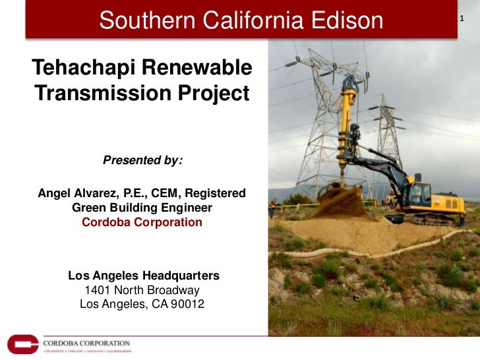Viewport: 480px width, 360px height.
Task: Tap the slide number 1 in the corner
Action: [x=462, y=17]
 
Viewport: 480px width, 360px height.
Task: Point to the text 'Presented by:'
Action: [x=142, y=160]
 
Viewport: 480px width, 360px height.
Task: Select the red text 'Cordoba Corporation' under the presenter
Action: [x=142, y=222]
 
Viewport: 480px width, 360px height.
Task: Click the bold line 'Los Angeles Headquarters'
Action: [x=144, y=275]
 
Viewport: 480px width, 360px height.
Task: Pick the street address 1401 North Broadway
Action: [x=142, y=290]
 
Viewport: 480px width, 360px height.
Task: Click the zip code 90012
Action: [x=189, y=305]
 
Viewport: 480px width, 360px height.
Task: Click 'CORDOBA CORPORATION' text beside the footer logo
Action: [x=86, y=343]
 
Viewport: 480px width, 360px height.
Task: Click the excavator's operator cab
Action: [x=419, y=192]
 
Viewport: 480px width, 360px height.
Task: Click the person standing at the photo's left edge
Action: [x=272, y=210]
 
